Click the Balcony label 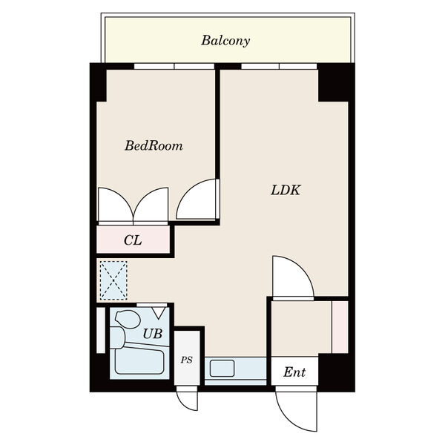point(225,41)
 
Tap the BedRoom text point(154,145)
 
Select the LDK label point(286,190)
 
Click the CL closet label point(133,240)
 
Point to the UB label point(153,334)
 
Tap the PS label point(187,360)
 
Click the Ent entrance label point(294,372)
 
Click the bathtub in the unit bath point(139,362)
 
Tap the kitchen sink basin point(222,369)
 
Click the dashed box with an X point(113,280)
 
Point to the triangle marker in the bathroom point(159,313)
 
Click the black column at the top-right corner point(333,82)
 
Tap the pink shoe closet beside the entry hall point(340,327)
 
